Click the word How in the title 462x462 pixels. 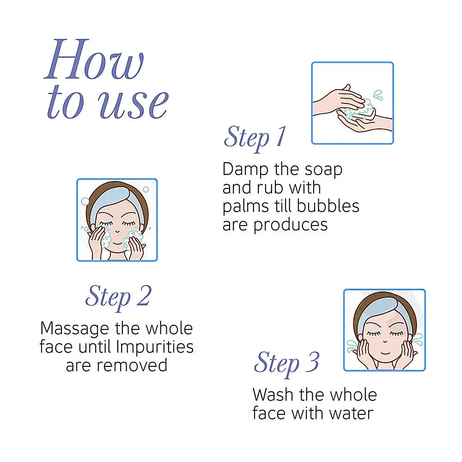pyautogui.click(x=94, y=59)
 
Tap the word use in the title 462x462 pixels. pyautogui.click(x=133, y=104)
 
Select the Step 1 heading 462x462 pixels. pyautogui.click(x=255, y=138)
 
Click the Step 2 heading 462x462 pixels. pyautogui.click(x=118, y=297)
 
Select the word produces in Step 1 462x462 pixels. pyautogui.click(x=291, y=225)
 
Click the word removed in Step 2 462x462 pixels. pyautogui.click(x=132, y=365)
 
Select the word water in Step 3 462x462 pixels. pyautogui.click(x=351, y=413)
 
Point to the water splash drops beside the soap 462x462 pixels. pyautogui.click(x=378, y=95)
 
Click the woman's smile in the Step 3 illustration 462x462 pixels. pyautogui.click(x=385, y=353)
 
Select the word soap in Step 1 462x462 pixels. pyautogui.click(x=323, y=170)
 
